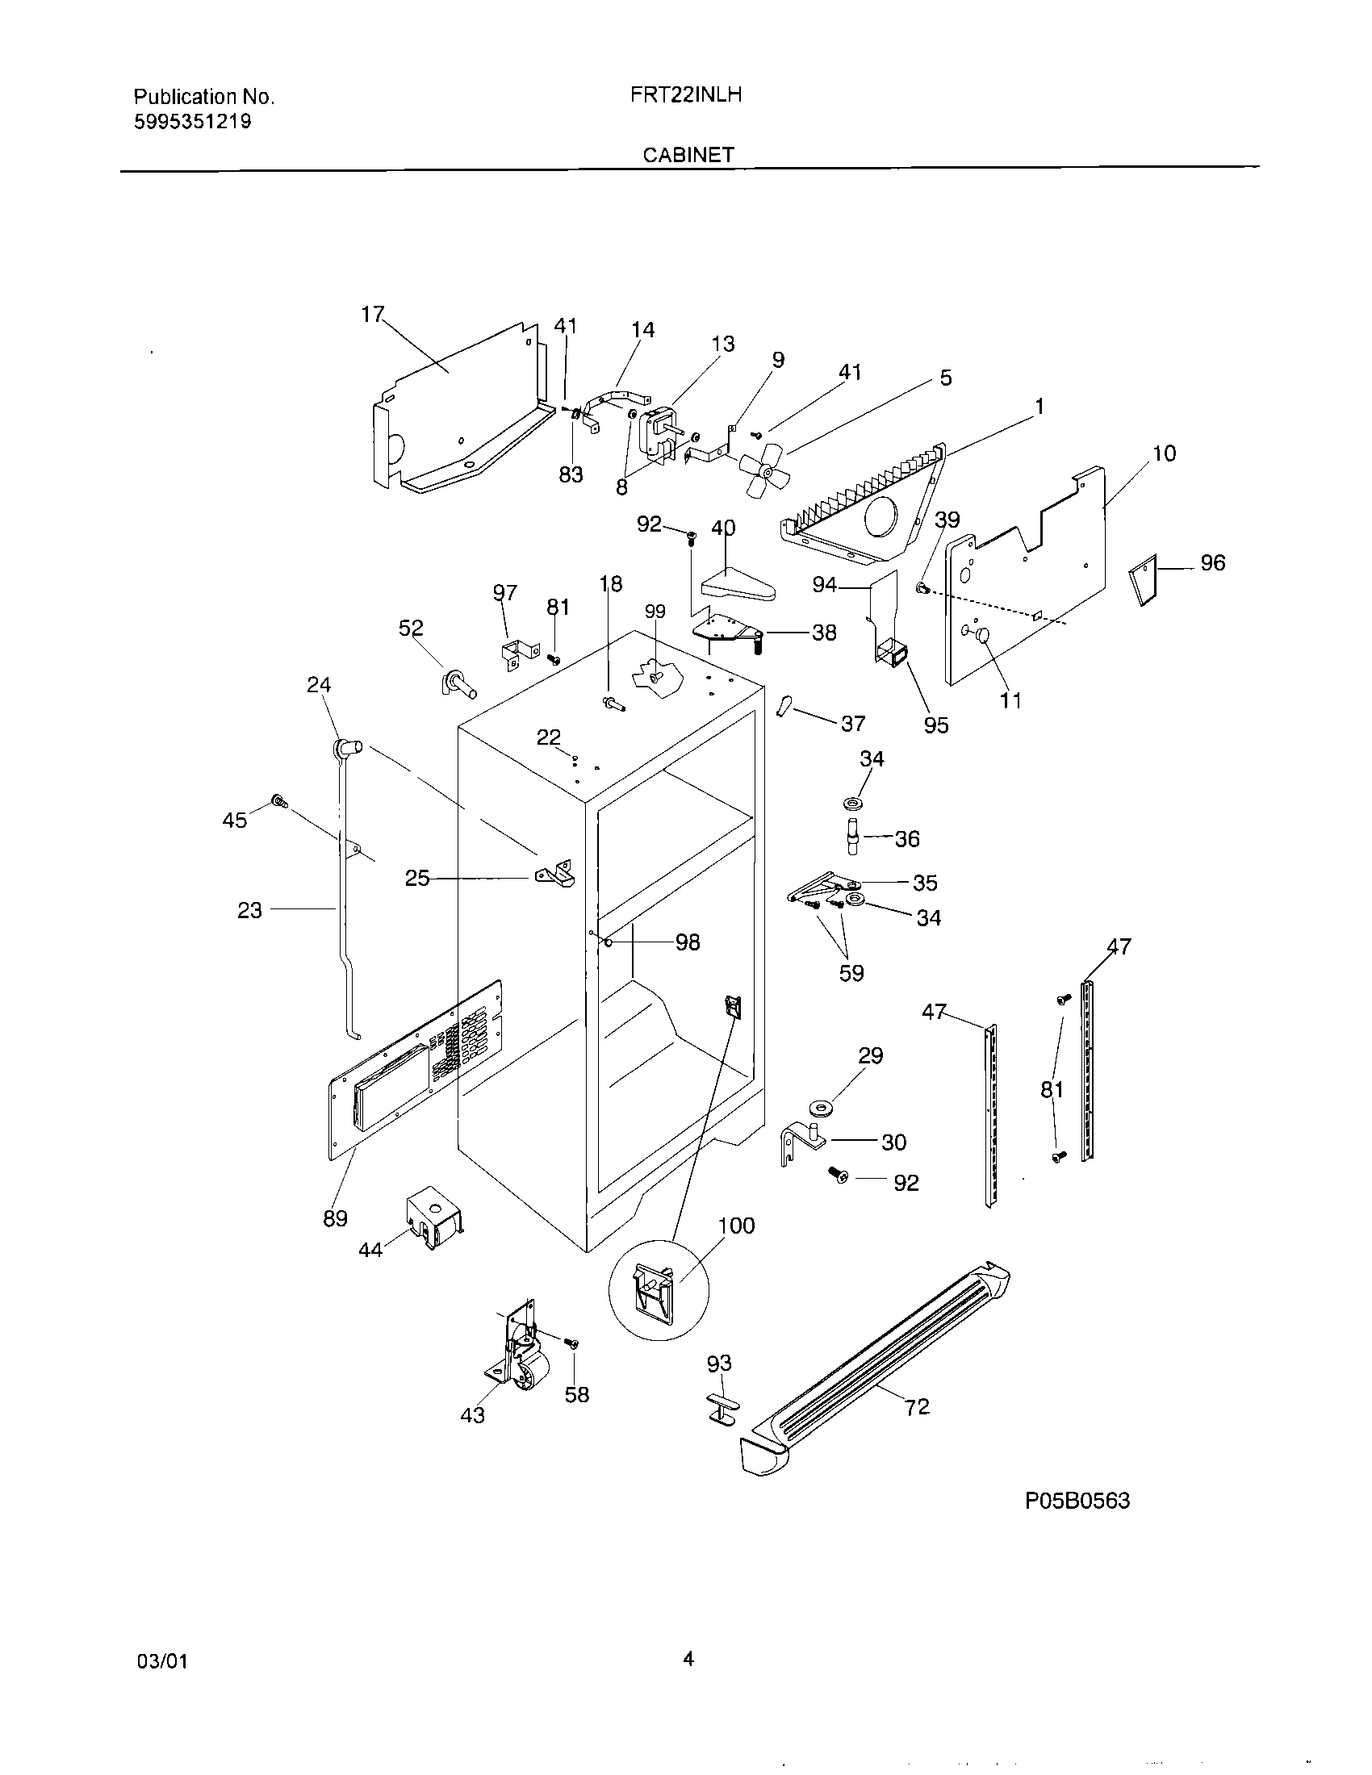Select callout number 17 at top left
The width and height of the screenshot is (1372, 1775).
pos(371,315)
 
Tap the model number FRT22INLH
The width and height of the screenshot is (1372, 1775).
pos(686,95)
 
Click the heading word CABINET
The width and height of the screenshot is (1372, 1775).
pos(688,155)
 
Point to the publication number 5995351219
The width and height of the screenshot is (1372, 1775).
pos(193,122)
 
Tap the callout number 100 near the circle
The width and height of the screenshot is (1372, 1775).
pos(736,1226)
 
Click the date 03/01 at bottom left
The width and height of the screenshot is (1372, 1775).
pos(162,1661)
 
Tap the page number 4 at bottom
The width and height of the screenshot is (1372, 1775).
pos(688,1659)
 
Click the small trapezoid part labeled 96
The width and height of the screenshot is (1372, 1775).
pos(1143,579)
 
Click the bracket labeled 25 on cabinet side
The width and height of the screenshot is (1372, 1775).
pos(555,875)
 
